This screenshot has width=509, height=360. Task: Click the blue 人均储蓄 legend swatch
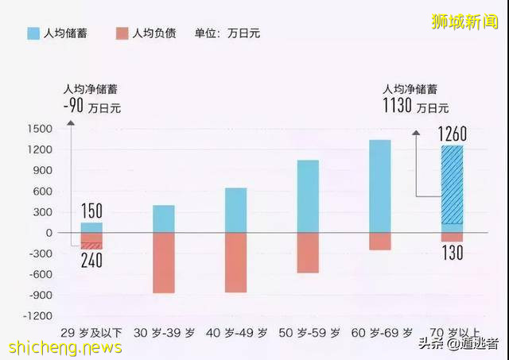33,33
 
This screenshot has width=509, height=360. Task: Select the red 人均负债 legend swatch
122,33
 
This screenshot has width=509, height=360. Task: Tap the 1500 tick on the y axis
39,129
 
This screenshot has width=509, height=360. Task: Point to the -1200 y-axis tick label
37,315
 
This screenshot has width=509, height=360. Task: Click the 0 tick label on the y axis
49,233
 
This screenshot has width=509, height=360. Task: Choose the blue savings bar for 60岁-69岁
380,186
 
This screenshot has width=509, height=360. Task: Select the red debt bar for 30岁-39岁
164,262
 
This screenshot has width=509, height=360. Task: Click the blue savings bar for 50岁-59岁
308,196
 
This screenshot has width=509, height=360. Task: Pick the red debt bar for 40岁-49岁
235,262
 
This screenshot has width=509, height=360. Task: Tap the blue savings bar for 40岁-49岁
235,210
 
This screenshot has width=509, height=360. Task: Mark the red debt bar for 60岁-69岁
380,241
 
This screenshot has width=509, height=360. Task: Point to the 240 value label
91,260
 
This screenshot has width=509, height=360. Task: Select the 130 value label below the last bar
452,253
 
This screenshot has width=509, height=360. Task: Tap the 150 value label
91,211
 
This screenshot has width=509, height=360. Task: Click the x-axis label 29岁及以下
91,331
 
